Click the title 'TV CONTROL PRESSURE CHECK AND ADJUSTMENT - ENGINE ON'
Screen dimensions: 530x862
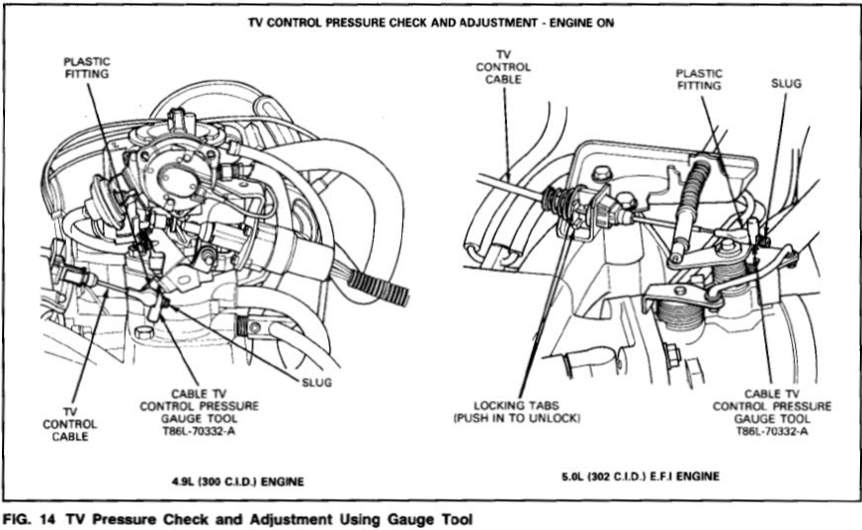click(431, 22)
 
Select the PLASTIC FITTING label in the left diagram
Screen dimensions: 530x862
click(87, 67)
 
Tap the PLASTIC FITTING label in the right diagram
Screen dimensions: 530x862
click(699, 79)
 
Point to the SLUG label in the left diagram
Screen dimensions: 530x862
click(316, 382)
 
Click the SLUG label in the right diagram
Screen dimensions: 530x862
click(786, 84)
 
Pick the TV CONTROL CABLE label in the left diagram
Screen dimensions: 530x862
click(70, 422)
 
